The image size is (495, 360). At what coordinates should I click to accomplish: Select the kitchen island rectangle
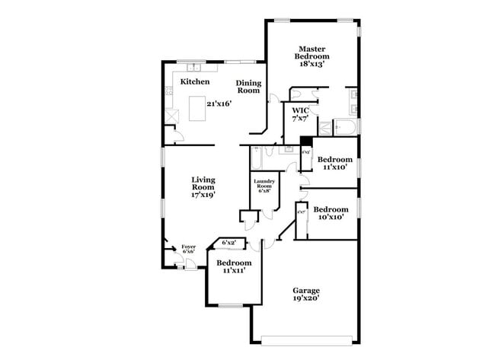pos(198,108)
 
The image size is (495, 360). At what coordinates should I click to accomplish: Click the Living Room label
pos(203,187)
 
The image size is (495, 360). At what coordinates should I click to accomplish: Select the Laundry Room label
pos(264,187)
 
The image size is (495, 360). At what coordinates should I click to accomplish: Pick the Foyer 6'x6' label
pos(188,249)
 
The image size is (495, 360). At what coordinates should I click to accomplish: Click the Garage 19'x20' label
pos(307,295)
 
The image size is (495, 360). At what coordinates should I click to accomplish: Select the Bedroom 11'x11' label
pos(232,266)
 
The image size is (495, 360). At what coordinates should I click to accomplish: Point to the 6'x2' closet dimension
pos(228,243)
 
